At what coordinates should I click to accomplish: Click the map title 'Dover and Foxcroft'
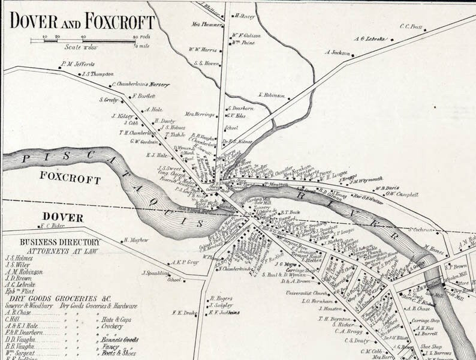[82, 22]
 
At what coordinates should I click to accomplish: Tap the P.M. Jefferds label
[77, 64]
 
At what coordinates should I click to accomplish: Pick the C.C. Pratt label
[411, 26]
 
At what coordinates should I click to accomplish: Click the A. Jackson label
[337, 52]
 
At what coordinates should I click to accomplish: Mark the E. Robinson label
[272, 95]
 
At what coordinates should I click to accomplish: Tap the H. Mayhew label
[135, 240]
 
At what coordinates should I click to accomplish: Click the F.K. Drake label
[185, 312]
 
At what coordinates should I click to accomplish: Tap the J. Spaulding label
[153, 273]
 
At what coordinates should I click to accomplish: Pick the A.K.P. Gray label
[185, 262]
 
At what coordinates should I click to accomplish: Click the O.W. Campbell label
[401, 194]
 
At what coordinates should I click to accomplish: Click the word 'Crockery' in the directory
[113, 327]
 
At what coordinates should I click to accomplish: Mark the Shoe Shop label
[430, 346]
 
